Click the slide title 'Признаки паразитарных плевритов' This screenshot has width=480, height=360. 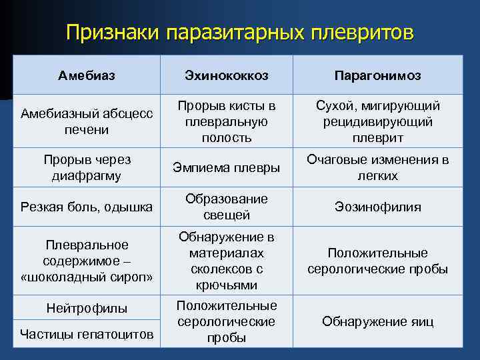240,33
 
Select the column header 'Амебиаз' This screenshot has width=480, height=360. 87,75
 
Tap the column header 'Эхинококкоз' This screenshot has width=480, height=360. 227,75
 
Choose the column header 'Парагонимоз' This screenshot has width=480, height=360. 377,75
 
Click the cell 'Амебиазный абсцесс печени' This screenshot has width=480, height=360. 87,121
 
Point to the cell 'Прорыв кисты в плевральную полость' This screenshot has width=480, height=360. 227,121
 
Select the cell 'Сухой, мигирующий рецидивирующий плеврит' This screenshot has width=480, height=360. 377,121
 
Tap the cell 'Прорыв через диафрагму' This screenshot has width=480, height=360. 87,168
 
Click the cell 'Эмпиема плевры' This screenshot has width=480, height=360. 227,168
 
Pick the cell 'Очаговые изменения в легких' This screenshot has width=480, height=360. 377,168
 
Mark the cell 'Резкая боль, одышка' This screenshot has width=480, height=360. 87,207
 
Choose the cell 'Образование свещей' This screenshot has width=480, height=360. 227,207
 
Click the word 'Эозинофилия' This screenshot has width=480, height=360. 377,207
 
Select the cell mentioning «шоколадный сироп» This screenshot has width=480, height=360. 87,261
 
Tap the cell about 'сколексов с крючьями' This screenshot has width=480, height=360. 227,261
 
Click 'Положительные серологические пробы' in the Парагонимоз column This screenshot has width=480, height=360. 377,261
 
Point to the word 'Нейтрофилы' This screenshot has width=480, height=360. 87,308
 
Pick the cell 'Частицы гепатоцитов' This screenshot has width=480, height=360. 87,333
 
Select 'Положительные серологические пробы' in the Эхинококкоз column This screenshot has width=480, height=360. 227,321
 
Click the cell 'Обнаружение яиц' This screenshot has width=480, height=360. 377,321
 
